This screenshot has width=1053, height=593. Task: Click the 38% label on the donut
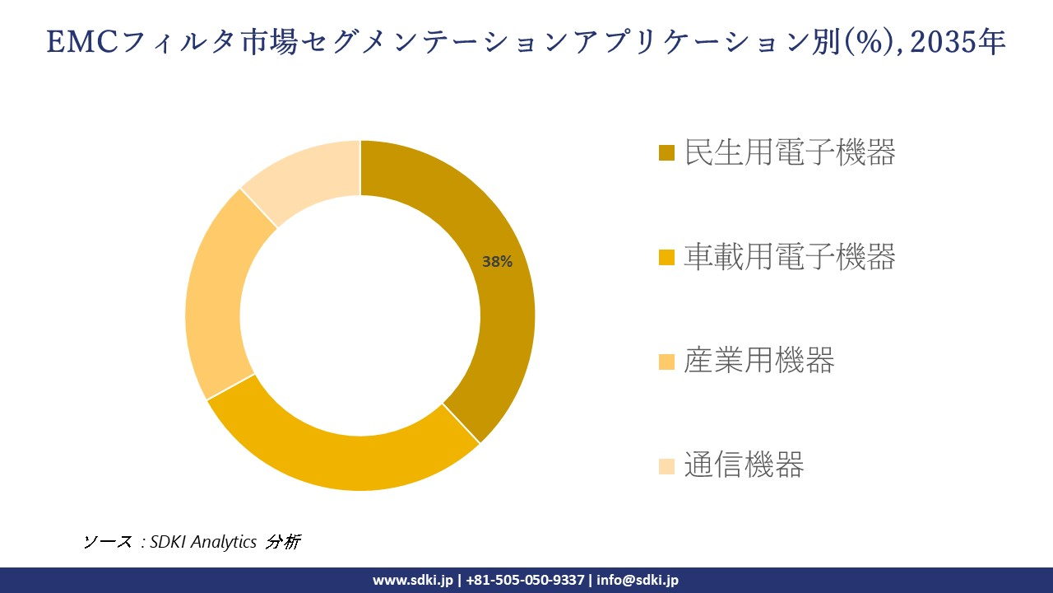497,262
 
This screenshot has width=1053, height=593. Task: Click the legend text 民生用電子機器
789,152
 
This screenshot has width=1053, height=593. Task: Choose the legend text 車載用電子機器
789,257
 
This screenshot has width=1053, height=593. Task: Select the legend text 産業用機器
758,361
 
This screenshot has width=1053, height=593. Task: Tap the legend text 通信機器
743,465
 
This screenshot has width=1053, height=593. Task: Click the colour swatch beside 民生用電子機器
667,153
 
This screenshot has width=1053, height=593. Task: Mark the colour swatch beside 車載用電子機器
667,258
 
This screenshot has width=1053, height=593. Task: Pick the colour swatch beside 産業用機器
667,362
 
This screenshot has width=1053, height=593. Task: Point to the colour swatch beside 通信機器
667,466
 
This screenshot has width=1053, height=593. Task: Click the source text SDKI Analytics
203,542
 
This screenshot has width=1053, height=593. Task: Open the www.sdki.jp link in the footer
412,580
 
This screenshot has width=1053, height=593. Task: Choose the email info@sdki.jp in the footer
638,580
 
